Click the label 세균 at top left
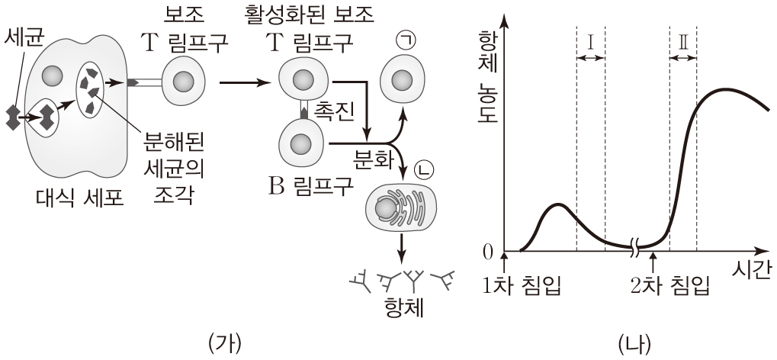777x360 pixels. tap(23, 35)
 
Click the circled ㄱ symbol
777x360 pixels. tap(405, 41)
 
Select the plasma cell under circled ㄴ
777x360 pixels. tap(397, 210)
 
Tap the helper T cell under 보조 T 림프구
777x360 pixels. tap(185, 82)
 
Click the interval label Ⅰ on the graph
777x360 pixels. tap(590, 42)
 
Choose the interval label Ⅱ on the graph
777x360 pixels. tap(682, 42)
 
